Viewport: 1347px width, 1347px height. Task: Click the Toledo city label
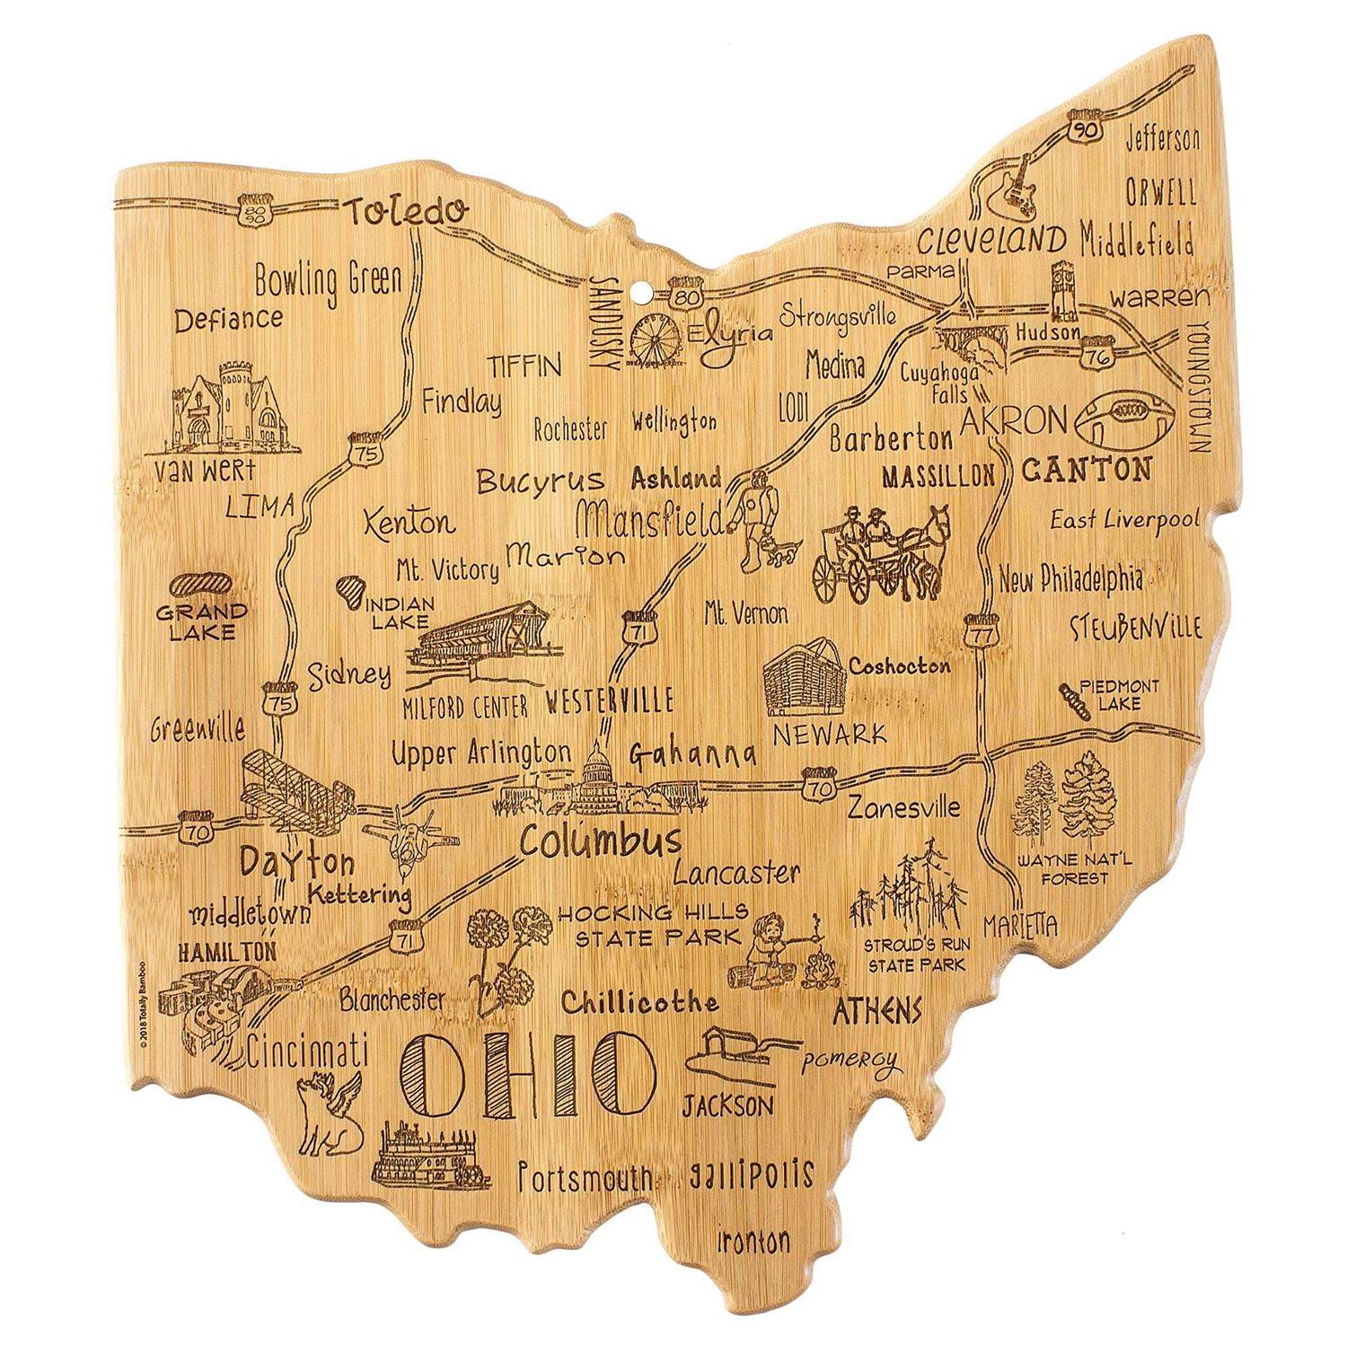407,212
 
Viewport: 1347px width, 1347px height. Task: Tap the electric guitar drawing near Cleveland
1012,186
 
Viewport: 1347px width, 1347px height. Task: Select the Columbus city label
600,842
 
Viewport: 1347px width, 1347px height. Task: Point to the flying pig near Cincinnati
330,1112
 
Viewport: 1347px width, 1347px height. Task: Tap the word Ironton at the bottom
753,1241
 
